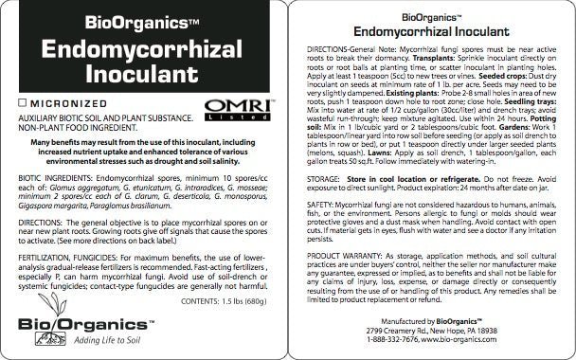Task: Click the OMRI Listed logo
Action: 229,99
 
